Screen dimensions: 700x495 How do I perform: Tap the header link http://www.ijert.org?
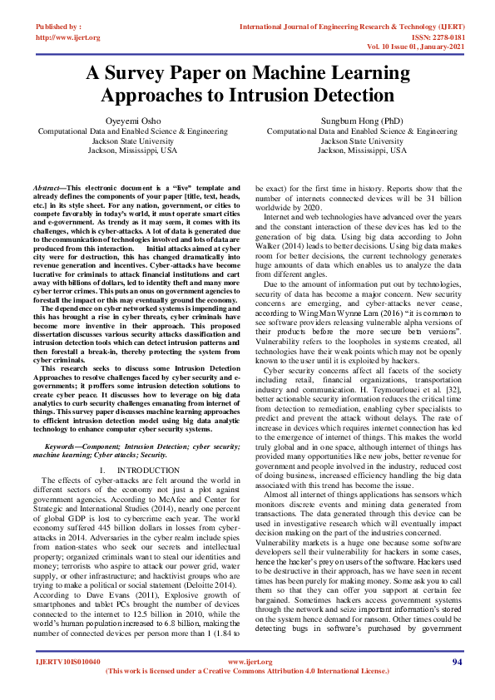68,37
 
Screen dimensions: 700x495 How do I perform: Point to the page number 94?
457,661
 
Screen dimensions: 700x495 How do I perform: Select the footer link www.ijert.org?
250,662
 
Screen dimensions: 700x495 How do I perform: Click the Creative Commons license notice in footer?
250,671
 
